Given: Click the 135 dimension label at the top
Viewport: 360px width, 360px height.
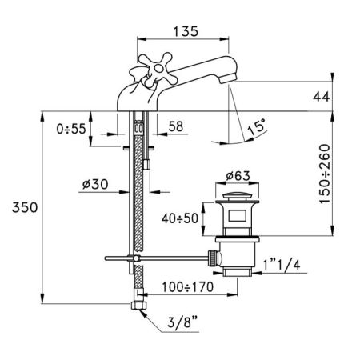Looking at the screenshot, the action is tap(186, 31).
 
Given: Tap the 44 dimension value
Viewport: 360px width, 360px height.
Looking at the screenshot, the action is tap(322, 96).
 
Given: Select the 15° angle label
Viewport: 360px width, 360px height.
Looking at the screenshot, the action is tap(257, 126).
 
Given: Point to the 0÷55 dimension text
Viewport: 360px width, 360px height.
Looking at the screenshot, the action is tap(71, 129).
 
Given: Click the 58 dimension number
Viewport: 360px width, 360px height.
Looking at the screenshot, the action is tap(176, 126).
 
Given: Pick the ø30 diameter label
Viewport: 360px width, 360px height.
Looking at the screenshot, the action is tap(95, 184).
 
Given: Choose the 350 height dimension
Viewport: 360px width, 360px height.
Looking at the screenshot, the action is tap(25, 207).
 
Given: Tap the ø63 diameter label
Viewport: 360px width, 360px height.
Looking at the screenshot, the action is tap(238, 176).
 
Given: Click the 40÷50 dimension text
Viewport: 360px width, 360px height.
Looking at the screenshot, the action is tap(180, 218).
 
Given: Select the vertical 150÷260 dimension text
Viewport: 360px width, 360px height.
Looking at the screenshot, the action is tap(325, 174).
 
